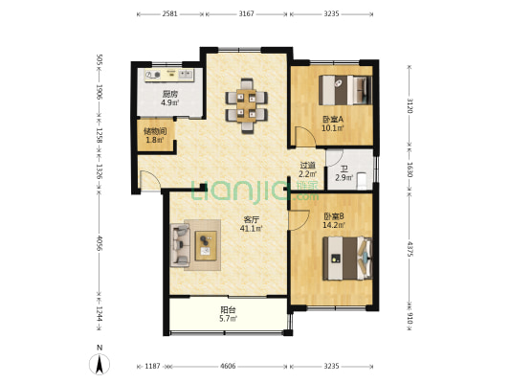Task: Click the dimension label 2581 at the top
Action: (x=169, y=14)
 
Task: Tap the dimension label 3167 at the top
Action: (x=246, y=14)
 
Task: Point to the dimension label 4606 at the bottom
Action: (x=228, y=367)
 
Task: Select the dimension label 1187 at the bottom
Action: (x=152, y=367)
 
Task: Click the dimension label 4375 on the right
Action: (x=410, y=249)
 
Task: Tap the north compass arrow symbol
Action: (x=100, y=364)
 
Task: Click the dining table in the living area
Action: (x=247, y=105)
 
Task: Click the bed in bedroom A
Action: (x=345, y=90)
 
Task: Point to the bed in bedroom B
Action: (x=347, y=259)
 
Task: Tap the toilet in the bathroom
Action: (x=363, y=181)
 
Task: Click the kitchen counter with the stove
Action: (x=169, y=75)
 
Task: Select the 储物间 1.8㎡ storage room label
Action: (x=155, y=136)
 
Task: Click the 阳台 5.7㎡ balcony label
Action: (x=228, y=314)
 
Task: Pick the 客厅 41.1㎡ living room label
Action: (x=251, y=224)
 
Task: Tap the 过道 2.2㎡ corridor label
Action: (x=308, y=169)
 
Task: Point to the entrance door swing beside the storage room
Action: (x=149, y=179)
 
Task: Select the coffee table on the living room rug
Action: (x=206, y=246)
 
